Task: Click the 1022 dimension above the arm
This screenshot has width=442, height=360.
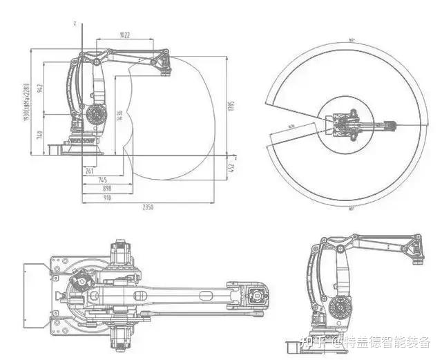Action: tap(125, 35)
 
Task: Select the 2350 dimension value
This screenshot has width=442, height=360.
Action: tap(148, 207)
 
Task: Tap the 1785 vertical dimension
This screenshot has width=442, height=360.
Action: tap(232, 106)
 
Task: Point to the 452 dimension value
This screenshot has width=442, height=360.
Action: tap(232, 167)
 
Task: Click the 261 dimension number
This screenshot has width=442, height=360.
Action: tap(89, 170)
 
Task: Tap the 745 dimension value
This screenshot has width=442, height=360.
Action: tap(102, 180)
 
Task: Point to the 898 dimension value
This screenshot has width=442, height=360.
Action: tap(107, 188)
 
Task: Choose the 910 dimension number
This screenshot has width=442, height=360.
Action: tap(107, 196)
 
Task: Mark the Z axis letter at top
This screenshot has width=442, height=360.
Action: tap(73, 23)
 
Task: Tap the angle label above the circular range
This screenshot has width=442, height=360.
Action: tap(352, 40)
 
